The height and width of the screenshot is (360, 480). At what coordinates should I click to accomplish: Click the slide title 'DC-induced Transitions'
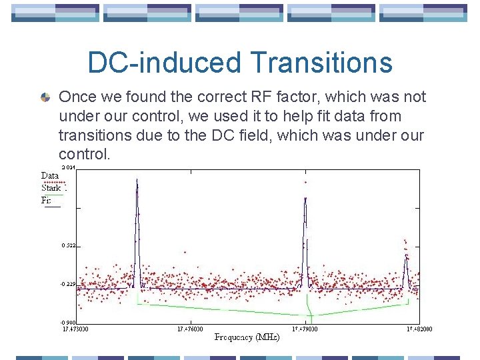coord(240,63)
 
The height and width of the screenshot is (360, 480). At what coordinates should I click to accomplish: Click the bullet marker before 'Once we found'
coord(45,97)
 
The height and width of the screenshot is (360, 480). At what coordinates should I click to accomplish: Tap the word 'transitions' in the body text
coord(92,135)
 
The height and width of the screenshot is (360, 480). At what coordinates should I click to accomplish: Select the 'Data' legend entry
coord(50,176)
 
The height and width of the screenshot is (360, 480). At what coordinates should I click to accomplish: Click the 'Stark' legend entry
coord(51,188)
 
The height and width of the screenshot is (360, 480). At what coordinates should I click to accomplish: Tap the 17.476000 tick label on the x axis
coord(190,329)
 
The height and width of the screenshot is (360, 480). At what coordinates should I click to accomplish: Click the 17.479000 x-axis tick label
coord(305,329)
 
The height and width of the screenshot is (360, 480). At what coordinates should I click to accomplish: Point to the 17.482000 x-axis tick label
coord(419,329)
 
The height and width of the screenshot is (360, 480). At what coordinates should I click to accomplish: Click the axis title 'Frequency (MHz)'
coord(247,337)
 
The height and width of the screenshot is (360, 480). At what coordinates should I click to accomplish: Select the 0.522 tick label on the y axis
coord(69,246)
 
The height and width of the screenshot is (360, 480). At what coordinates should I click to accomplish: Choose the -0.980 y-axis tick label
coord(69,323)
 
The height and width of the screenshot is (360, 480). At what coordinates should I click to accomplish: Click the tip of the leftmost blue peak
coord(137,180)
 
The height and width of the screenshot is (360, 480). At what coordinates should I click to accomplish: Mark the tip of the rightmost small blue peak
coord(405,257)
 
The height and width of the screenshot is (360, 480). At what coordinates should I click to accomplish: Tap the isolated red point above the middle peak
coord(305,182)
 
